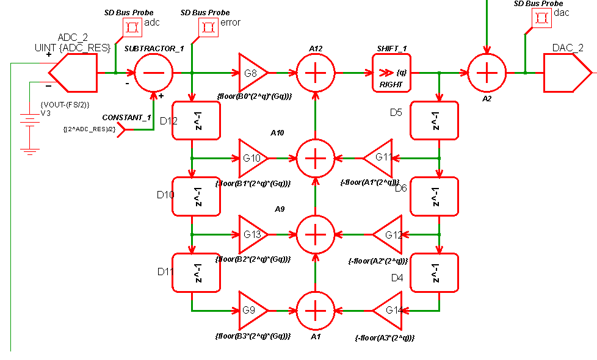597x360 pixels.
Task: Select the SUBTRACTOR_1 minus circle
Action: tap(153, 73)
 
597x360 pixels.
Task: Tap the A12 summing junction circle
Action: tap(316, 73)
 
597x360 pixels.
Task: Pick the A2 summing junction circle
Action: tap(487, 73)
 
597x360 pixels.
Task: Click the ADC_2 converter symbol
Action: tap(73, 73)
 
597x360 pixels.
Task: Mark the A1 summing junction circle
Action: tap(316, 311)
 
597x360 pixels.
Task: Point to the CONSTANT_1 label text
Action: tap(126, 117)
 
